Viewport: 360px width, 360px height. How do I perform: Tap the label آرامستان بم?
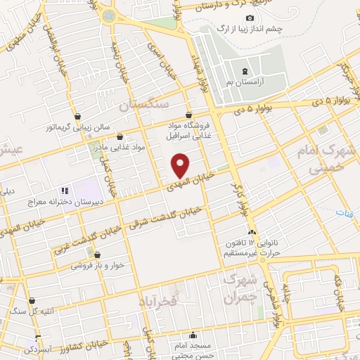click(245, 83)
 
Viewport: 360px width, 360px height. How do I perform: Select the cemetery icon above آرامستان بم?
click(245, 72)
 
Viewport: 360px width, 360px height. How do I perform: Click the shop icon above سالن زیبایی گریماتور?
click(77, 117)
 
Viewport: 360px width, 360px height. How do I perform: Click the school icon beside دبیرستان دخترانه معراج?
click(64, 190)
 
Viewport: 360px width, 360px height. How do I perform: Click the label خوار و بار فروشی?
click(96, 266)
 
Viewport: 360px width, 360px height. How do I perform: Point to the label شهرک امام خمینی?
click(334, 160)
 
